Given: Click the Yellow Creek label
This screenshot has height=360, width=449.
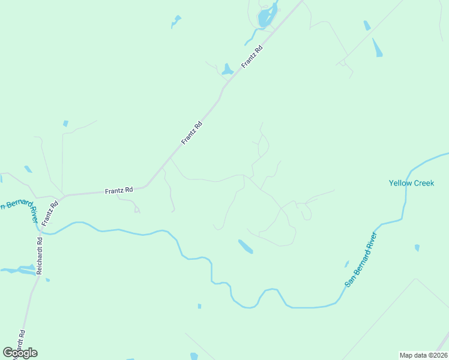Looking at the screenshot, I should click(411, 183).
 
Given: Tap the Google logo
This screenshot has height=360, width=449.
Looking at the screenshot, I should click(20, 352).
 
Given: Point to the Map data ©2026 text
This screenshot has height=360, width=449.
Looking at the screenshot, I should click(423, 355).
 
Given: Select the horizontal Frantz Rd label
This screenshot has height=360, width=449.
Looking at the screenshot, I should click(118, 190).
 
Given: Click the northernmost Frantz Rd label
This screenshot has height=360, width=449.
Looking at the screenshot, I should click(252, 56).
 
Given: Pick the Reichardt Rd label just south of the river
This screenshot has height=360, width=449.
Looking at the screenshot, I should click(40, 257).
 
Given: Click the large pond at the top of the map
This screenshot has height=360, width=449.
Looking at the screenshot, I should click(266, 17).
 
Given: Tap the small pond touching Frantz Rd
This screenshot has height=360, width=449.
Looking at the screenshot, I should click(227, 70).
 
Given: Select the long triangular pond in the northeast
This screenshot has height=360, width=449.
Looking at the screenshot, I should click(377, 47).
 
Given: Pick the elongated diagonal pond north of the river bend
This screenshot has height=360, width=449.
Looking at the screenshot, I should click(246, 246).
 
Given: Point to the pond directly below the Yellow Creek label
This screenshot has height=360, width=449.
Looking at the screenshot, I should click(417, 247).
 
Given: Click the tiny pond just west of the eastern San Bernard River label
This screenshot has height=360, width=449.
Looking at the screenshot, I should click(346, 263).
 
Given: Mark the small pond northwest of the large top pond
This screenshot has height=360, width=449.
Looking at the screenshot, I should click(176, 22).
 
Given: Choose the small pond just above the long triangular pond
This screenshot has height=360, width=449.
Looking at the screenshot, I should click(367, 25).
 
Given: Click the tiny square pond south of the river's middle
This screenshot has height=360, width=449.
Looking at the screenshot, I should click(199, 306).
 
